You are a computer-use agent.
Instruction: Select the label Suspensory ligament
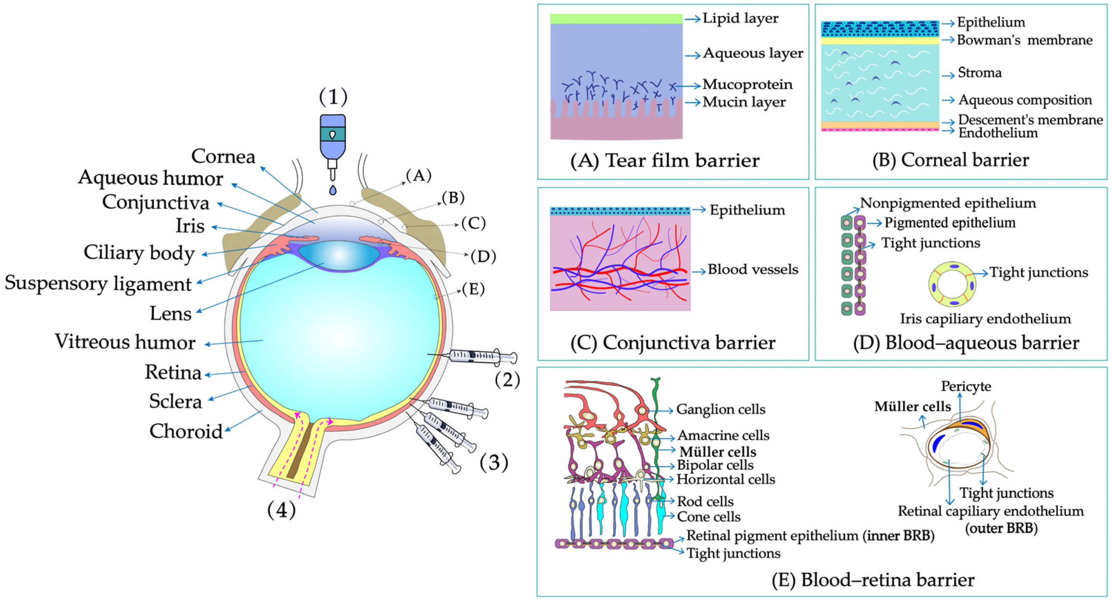pos(98,284)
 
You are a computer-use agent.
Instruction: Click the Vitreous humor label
pos(125,342)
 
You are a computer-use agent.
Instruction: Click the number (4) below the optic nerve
pos(281,510)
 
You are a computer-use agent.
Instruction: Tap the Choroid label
pos(186,431)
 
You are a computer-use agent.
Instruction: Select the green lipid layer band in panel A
pos(616,19)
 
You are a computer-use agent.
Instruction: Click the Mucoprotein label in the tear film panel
pos(748,84)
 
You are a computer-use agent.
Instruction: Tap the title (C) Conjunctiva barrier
pos(673,342)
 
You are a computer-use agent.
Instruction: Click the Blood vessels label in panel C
pos(753,270)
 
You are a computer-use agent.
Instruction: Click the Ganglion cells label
pos(720,409)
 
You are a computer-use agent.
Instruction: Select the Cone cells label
pos(709,516)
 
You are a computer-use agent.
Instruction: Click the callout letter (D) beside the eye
pos(482,256)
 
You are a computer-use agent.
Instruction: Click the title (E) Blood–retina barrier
pos(873,580)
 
